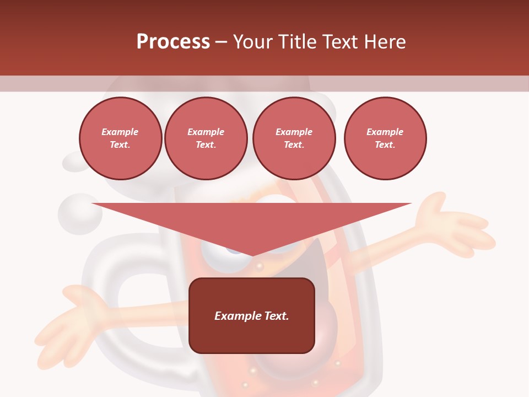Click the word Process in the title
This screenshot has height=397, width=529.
click(x=173, y=42)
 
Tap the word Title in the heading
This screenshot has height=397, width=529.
click(x=297, y=42)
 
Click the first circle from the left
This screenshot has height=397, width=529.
click(x=120, y=138)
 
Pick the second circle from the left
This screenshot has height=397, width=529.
click(x=206, y=138)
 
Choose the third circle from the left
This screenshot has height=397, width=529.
click(x=294, y=138)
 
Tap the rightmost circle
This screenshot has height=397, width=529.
click(x=385, y=138)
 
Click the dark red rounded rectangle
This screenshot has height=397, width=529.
click(x=252, y=315)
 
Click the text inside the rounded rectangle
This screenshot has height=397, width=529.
click(x=252, y=316)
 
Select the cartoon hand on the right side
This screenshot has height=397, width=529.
click(x=452, y=226)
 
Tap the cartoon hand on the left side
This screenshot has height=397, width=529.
click(x=72, y=325)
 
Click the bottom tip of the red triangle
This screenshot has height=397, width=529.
click(x=252, y=255)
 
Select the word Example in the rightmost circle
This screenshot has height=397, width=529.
click(x=385, y=132)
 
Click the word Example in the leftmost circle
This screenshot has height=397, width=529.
click(x=120, y=132)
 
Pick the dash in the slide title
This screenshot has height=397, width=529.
click(x=221, y=42)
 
